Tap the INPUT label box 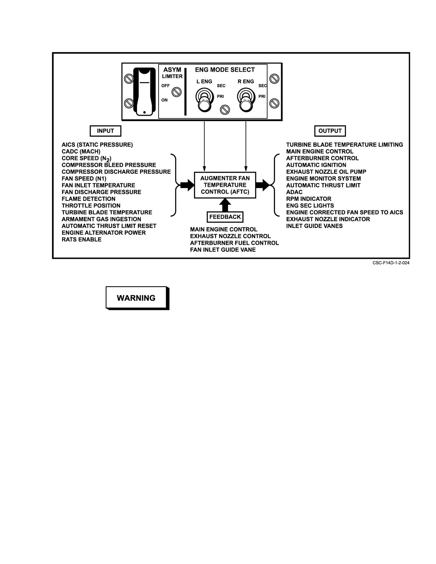pos(105,131)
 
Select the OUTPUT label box pos(330,131)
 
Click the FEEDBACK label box pos(225,217)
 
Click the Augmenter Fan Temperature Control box pos(225,185)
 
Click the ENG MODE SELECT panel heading pos(225,70)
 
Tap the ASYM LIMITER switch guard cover pos(144,91)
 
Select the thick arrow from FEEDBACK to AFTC pos(225,205)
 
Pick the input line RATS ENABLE pos(81,240)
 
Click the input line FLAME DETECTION pos(89,199)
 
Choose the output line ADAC pos(294,192)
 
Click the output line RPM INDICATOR pos(309,199)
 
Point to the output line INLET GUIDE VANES pos(314,226)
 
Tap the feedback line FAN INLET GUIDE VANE pos(223,250)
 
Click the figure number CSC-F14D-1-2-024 pos(391,263)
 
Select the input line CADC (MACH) pos(81,152)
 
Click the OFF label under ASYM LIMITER pos(165,86)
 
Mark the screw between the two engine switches pos(225,110)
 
